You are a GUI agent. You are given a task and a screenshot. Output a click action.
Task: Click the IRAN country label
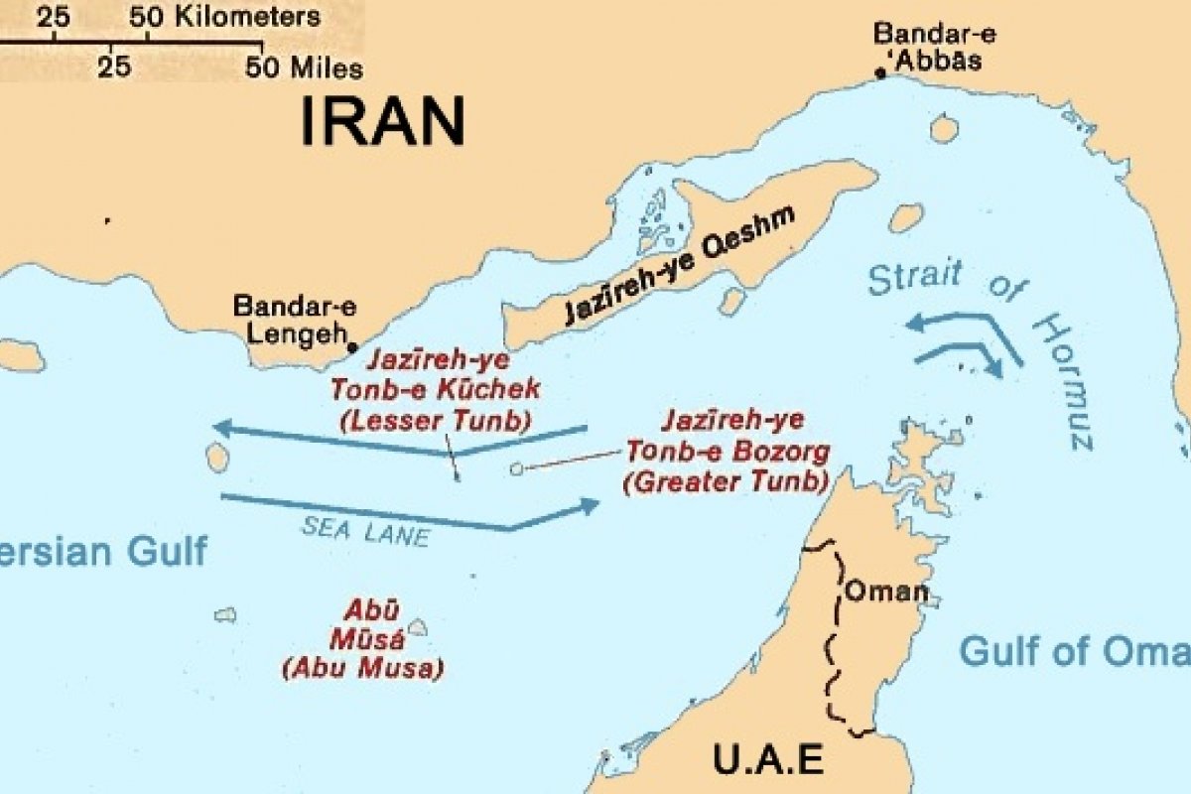pyautogui.click(x=382, y=121)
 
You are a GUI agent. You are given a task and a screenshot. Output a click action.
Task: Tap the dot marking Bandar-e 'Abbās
pyautogui.click(x=879, y=72)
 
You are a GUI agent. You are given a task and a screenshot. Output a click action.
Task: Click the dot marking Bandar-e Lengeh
pyautogui.click(x=352, y=347)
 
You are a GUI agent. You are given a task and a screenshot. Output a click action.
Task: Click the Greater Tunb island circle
pyautogui.click(x=516, y=468)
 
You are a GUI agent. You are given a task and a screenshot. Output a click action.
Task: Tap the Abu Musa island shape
pyautogui.click(x=418, y=627)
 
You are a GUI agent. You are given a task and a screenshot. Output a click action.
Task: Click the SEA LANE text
pyautogui.click(x=365, y=531)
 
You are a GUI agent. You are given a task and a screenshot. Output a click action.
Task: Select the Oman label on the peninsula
pyautogui.click(x=885, y=593)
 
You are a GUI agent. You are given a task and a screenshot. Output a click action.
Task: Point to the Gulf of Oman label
pyautogui.click(x=1072, y=652)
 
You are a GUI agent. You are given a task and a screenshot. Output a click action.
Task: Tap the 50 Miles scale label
pyautogui.click(x=305, y=68)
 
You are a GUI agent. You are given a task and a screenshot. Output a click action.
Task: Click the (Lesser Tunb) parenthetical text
pyautogui.click(x=435, y=420)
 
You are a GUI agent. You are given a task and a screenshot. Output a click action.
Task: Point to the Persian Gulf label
pyautogui.click(x=104, y=551)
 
